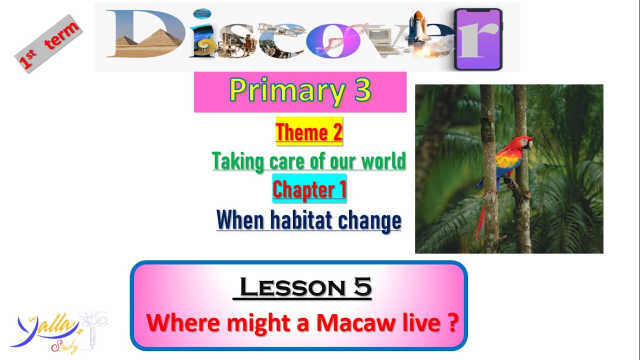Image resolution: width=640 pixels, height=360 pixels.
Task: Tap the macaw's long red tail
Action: pos(481,220)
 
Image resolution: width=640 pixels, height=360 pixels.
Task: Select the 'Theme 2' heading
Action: pos(309,132)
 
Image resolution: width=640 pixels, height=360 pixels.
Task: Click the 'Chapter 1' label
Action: pos(309,190)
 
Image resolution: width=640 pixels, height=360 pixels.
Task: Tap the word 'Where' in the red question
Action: pos(183,322)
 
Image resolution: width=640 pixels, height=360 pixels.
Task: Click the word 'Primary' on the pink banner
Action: pos(286,91)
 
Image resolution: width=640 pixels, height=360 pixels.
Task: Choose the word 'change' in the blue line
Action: pos(371,220)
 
